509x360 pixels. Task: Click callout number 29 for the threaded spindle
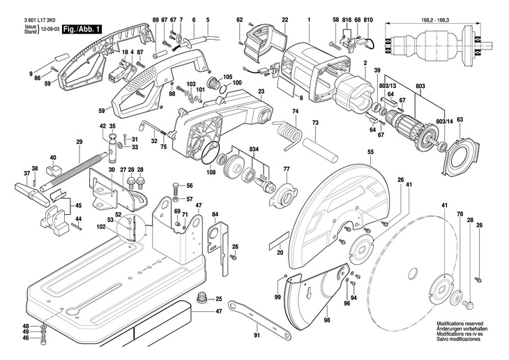coord(79,142)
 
